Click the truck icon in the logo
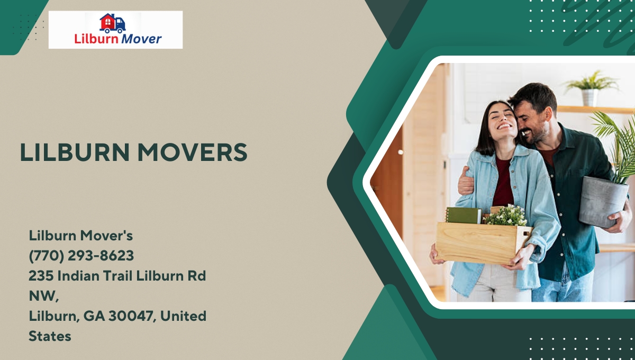click(x=113, y=23)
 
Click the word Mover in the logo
click(x=141, y=39)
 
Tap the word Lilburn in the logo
click(x=96, y=39)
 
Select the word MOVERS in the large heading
click(x=192, y=152)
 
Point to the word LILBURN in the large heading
click(x=75, y=152)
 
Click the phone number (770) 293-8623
click(x=81, y=256)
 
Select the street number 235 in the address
click(x=41, y=276)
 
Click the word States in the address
click(x=50, y=336)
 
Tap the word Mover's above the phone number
click(x=106, y=236)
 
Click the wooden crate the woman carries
click(x=483, y=243)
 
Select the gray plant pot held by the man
click(x=603, y=202)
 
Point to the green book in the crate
click(x=464, y=215)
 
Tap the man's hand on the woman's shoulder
click(x=466, y=181)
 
